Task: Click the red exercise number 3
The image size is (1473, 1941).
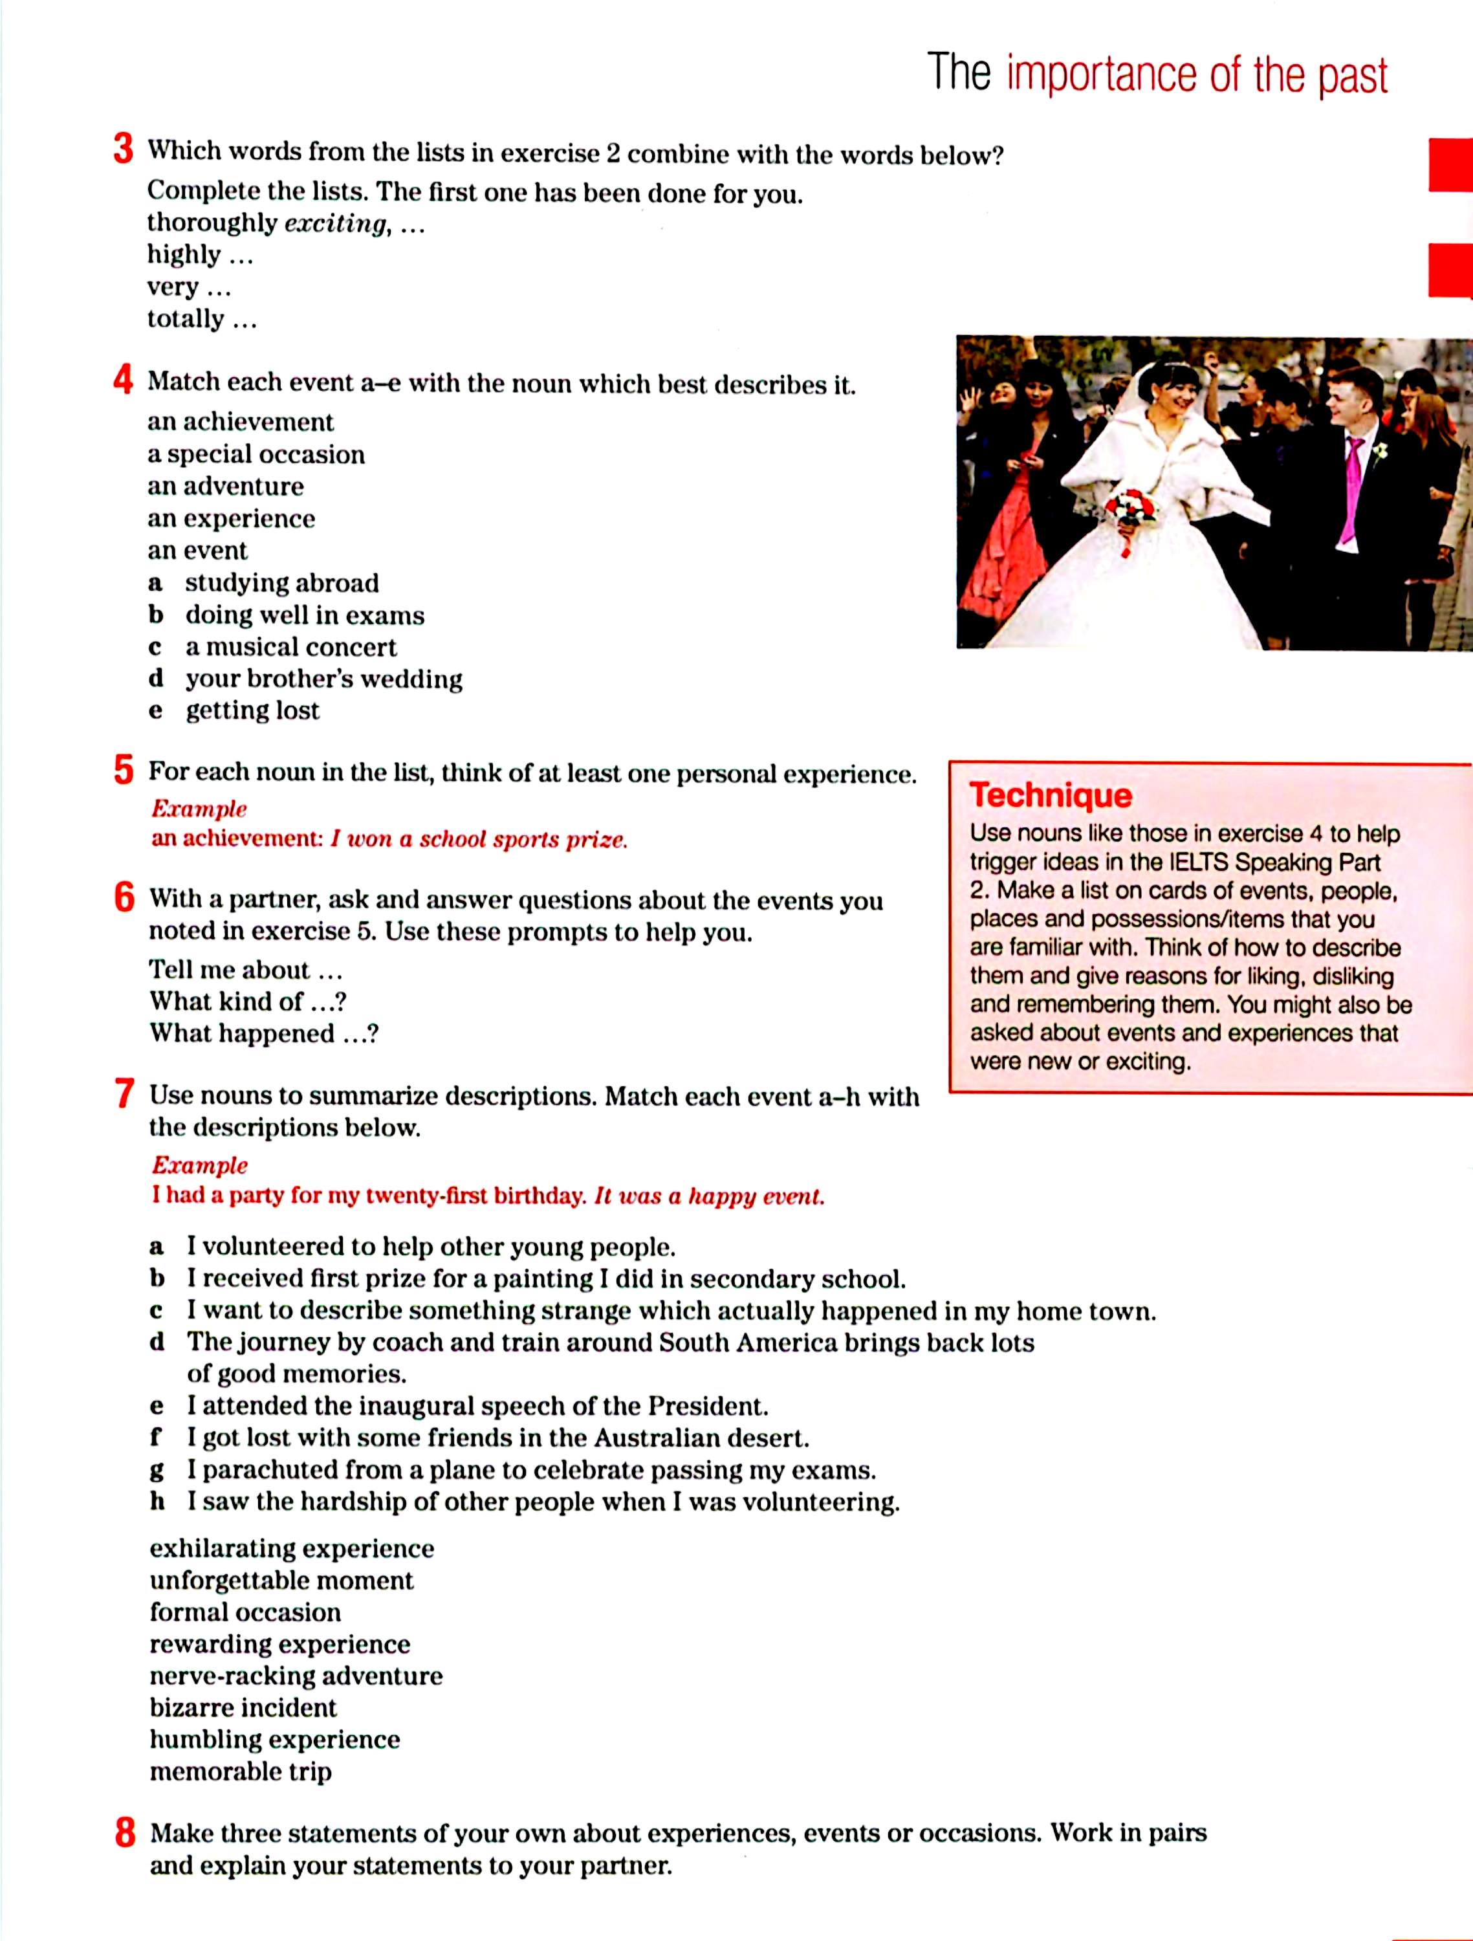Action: pyautogui.click(x=123, y=149)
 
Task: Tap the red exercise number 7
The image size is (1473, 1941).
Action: pyautogui.click(x=125, y=1094)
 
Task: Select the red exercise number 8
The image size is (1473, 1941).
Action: pyautogui.click(x=125, y=1833)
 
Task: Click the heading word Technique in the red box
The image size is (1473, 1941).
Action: pyautogui.click(x=1050, y=795)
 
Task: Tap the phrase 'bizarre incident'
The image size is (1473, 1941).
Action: pyautogui.click(x=243, y=1707)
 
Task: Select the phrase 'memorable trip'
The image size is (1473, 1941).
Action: pyautogui.click(x=241, y=1771)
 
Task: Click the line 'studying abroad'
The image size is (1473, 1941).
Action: pyautogui.click(x=281, y=583)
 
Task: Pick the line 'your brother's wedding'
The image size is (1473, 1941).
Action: pyautogui.click(x=323, y=678)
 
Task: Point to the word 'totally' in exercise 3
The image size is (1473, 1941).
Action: pyautogui.click(x=185, y=318)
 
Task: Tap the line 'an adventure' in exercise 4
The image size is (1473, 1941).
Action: pyautogui.click(x=226, y=486)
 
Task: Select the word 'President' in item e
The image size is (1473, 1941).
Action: pyautogui.click(x=706, y=1406)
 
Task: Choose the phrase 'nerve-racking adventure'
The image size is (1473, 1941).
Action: pyautogui.click(x=296, y=1676)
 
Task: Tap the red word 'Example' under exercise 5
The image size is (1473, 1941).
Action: pyautogui.click(x=199, y=808)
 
